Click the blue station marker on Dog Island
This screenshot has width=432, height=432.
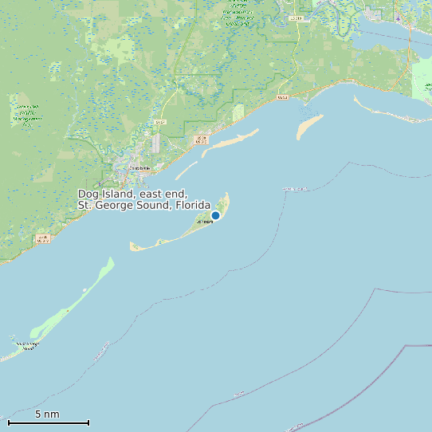[x=215, y=215]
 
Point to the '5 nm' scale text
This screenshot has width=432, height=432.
[x=47, y=414]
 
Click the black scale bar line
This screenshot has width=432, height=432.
[x=48, y=422]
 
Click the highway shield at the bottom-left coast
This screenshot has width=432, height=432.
[x=42, y=238]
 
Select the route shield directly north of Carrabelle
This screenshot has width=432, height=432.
[x=160, y=122]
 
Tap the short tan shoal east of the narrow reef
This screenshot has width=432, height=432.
[x=310, y=127]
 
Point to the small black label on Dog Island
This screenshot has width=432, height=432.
[x=204, y=222]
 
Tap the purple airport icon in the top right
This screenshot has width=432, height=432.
[x=398, y=18]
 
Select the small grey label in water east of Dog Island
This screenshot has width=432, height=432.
[x=295, y=189]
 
